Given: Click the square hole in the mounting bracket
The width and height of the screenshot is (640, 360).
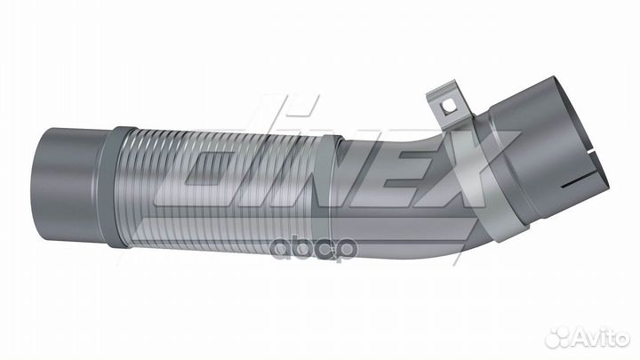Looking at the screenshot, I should [x=451, y=106].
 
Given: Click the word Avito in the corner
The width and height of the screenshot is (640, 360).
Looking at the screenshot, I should [x=594, y=337].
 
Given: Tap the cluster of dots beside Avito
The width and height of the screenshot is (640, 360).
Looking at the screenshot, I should [x=559, y=337].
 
